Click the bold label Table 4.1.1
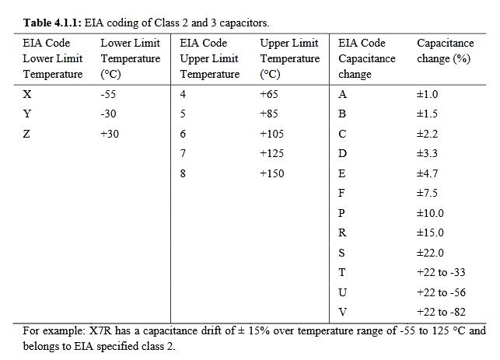pos(52,23)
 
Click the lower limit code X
pos(27,94)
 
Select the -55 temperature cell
pos(108,94)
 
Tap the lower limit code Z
pos(26,134)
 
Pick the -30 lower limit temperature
pos(108,114)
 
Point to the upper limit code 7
pos(183,153)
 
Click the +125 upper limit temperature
pos(272,153)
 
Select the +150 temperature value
pos(272,173)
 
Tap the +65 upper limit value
pos(269,94)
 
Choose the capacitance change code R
pos(342,232)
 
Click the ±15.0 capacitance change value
pos(430,232)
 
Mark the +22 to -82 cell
pos(442,312)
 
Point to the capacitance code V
pos(342,312)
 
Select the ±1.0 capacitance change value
pos(428,94)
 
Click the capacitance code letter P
pos(341,213)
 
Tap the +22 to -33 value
pos(442,272)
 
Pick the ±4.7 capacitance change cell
pos(428,173)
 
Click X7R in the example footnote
pos(100,330)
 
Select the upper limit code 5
pos(183,114)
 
